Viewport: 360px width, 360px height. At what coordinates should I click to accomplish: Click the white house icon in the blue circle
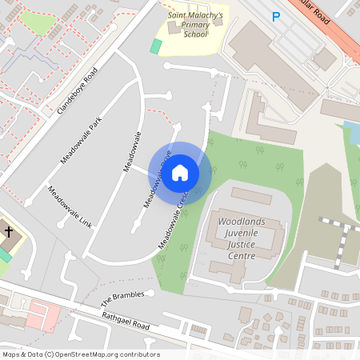[180, 172]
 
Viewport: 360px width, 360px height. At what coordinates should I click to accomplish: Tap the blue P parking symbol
[277, 16]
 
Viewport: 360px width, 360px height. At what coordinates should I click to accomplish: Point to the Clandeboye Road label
[77, 90]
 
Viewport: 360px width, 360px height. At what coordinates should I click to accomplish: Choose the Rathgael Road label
[126, 322]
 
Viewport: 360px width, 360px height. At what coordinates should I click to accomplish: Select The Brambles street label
[122, 299]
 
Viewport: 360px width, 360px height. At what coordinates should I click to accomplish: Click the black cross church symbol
[9, 232]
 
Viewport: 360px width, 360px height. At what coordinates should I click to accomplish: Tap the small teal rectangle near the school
[156, 46]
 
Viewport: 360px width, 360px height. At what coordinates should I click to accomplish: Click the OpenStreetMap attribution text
[81, 354]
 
